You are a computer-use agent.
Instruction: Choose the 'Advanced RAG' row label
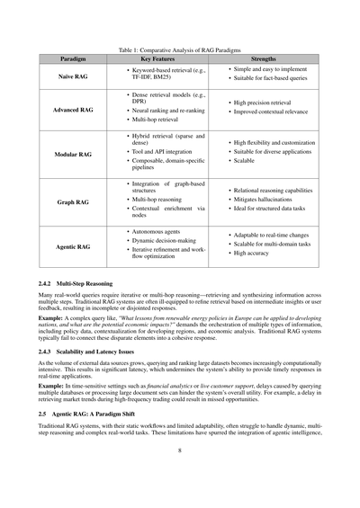click(x=74, y=110)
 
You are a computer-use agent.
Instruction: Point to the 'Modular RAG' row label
click(x=74, y=154)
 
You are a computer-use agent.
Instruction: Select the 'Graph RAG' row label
click(x=74, y=202)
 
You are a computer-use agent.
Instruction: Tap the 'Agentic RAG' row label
click(x=74, y=245)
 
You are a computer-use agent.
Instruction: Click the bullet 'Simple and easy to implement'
click(x=271, y=69)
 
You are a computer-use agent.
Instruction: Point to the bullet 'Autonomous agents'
click(x=157, y=231)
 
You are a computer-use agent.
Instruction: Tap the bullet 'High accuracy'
click(x=255, y=254)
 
